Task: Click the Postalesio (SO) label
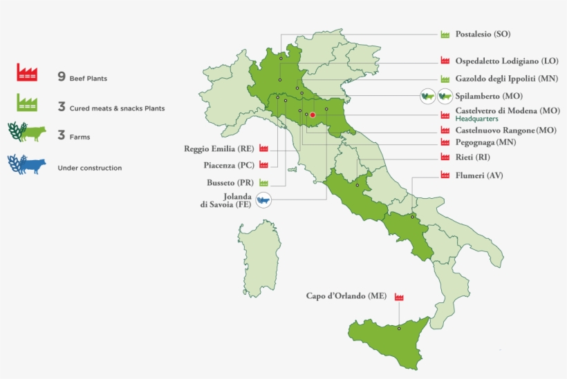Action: click(x=483, y=34)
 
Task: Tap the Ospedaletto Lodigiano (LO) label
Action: click(x=507, y=61)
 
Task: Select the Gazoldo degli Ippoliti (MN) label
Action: click(x=507, y=79)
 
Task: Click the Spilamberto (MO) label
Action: click(x=489, y=96)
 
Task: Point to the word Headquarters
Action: click(x=477, y=119)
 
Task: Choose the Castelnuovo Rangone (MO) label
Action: click(x=506, y=130)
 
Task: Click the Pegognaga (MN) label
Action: click(x=486, y=142)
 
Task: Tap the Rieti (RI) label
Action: click(x=473, y=157)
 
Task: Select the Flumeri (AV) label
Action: click(x=479, y=175)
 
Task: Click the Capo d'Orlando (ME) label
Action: click(x=346, y=296)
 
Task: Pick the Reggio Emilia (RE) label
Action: click(x=219, y=148)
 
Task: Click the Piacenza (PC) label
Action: click(x=228, y=166)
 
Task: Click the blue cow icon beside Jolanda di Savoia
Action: click(x=263, y=200)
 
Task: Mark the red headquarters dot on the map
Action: click(x=313, y=115)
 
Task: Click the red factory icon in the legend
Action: click(x=27, y=72)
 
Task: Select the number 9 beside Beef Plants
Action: click(x=61, y=77)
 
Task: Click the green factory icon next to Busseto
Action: click(x=263, y=183)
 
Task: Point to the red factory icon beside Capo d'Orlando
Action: click(x=398, y=296)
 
